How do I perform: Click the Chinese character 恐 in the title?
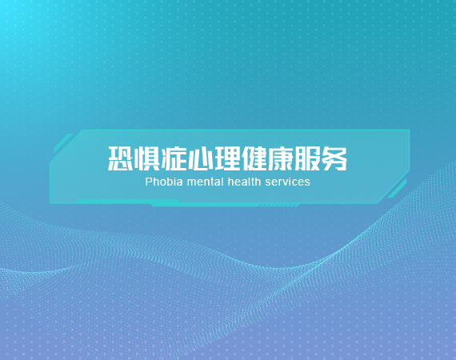[120, 158]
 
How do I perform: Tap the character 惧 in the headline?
[147, 158]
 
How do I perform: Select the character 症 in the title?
[174, 158]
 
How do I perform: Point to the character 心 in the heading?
[201, 158]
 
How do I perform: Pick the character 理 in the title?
[227, 158]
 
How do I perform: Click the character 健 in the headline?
[254, 158]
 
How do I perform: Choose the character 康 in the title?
[281, 158]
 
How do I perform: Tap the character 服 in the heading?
[308, 158]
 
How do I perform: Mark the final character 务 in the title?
[334, 158]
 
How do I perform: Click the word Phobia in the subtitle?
[164, 182]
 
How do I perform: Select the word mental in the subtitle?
[206, 182]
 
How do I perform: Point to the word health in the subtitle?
[244, 182]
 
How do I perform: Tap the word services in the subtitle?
[288, 182]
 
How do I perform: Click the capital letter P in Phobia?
[149, 182]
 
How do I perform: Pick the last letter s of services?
[308, 183]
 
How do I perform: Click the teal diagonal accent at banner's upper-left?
[63, 143]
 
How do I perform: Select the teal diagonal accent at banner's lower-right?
[397, 189]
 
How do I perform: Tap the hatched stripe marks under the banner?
[278, 206]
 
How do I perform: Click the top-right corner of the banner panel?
[410, 130]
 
